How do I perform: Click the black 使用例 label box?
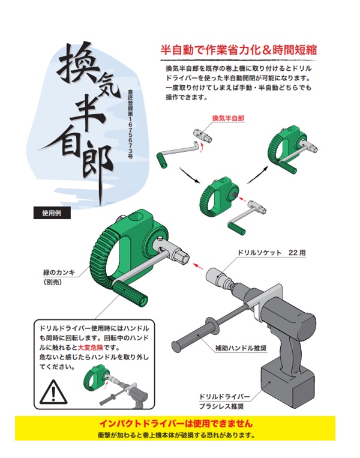pos(52,213)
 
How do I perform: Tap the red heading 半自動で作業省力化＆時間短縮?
pos(238,50)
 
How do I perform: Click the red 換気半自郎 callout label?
pos(228,118)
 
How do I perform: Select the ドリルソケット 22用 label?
pos(272,253)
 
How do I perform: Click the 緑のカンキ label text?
pos(59,273)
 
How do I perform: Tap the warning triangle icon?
pos(53,391)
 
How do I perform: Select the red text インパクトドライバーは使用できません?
pos(176,424)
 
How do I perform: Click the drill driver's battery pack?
pos(287,385)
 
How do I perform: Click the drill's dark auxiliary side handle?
pos(196,331)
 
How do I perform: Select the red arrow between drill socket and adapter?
pos(199,266)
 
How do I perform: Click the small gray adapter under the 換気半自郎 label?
pos(203,135)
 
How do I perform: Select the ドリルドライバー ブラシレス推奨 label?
pos(224,402)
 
